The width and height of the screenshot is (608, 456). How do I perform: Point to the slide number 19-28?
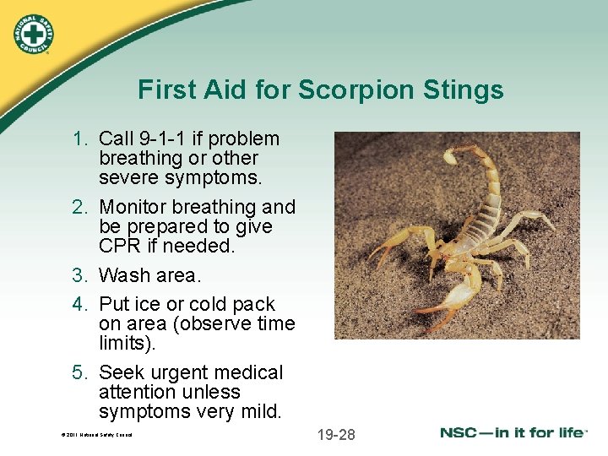(336, 435)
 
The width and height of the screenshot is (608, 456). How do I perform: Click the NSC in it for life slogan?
(513, 433)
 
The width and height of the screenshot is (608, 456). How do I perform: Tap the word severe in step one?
(128, 177)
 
